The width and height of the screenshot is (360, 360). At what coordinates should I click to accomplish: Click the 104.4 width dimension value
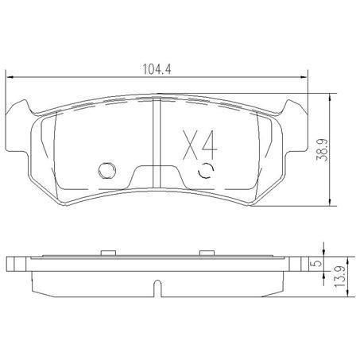(157, 69)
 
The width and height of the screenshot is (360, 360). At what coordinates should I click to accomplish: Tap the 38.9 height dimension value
(323, 150)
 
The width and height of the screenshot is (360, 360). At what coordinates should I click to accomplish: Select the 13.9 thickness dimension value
(340, 277)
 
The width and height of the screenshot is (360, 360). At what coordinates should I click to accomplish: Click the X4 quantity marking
(200, 145)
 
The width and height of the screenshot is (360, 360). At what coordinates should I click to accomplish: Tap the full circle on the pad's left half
(106, 170)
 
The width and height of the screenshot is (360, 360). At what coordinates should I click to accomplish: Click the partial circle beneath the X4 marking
(206, 170)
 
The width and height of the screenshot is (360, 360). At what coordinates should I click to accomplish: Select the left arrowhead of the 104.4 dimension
(10, 77)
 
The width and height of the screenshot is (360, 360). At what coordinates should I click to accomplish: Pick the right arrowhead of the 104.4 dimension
(304, 77)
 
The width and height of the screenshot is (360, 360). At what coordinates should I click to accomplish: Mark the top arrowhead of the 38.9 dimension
(330, 97)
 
